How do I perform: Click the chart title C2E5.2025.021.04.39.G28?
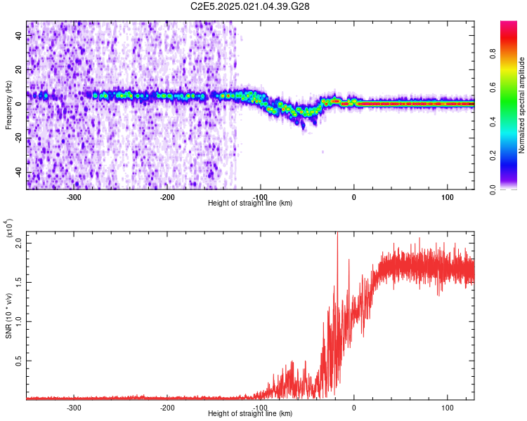tap(251, 6)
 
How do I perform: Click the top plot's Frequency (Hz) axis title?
tap(9, 105)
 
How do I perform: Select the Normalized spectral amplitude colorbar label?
tap(521, 105)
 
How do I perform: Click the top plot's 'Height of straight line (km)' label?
tap(250, 203)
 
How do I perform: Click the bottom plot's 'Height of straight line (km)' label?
tap(250, 414)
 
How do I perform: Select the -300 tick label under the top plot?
tap(74, 197)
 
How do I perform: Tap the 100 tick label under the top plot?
tap(447, 197)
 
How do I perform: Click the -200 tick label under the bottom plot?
tap(167, 408)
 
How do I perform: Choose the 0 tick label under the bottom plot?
tap(353, 408)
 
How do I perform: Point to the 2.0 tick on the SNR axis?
tap(19, 243)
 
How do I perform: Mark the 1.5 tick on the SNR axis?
tap(19, 282)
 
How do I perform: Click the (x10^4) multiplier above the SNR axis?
tap(9, 229)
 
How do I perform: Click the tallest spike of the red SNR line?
tap(337, 234)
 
